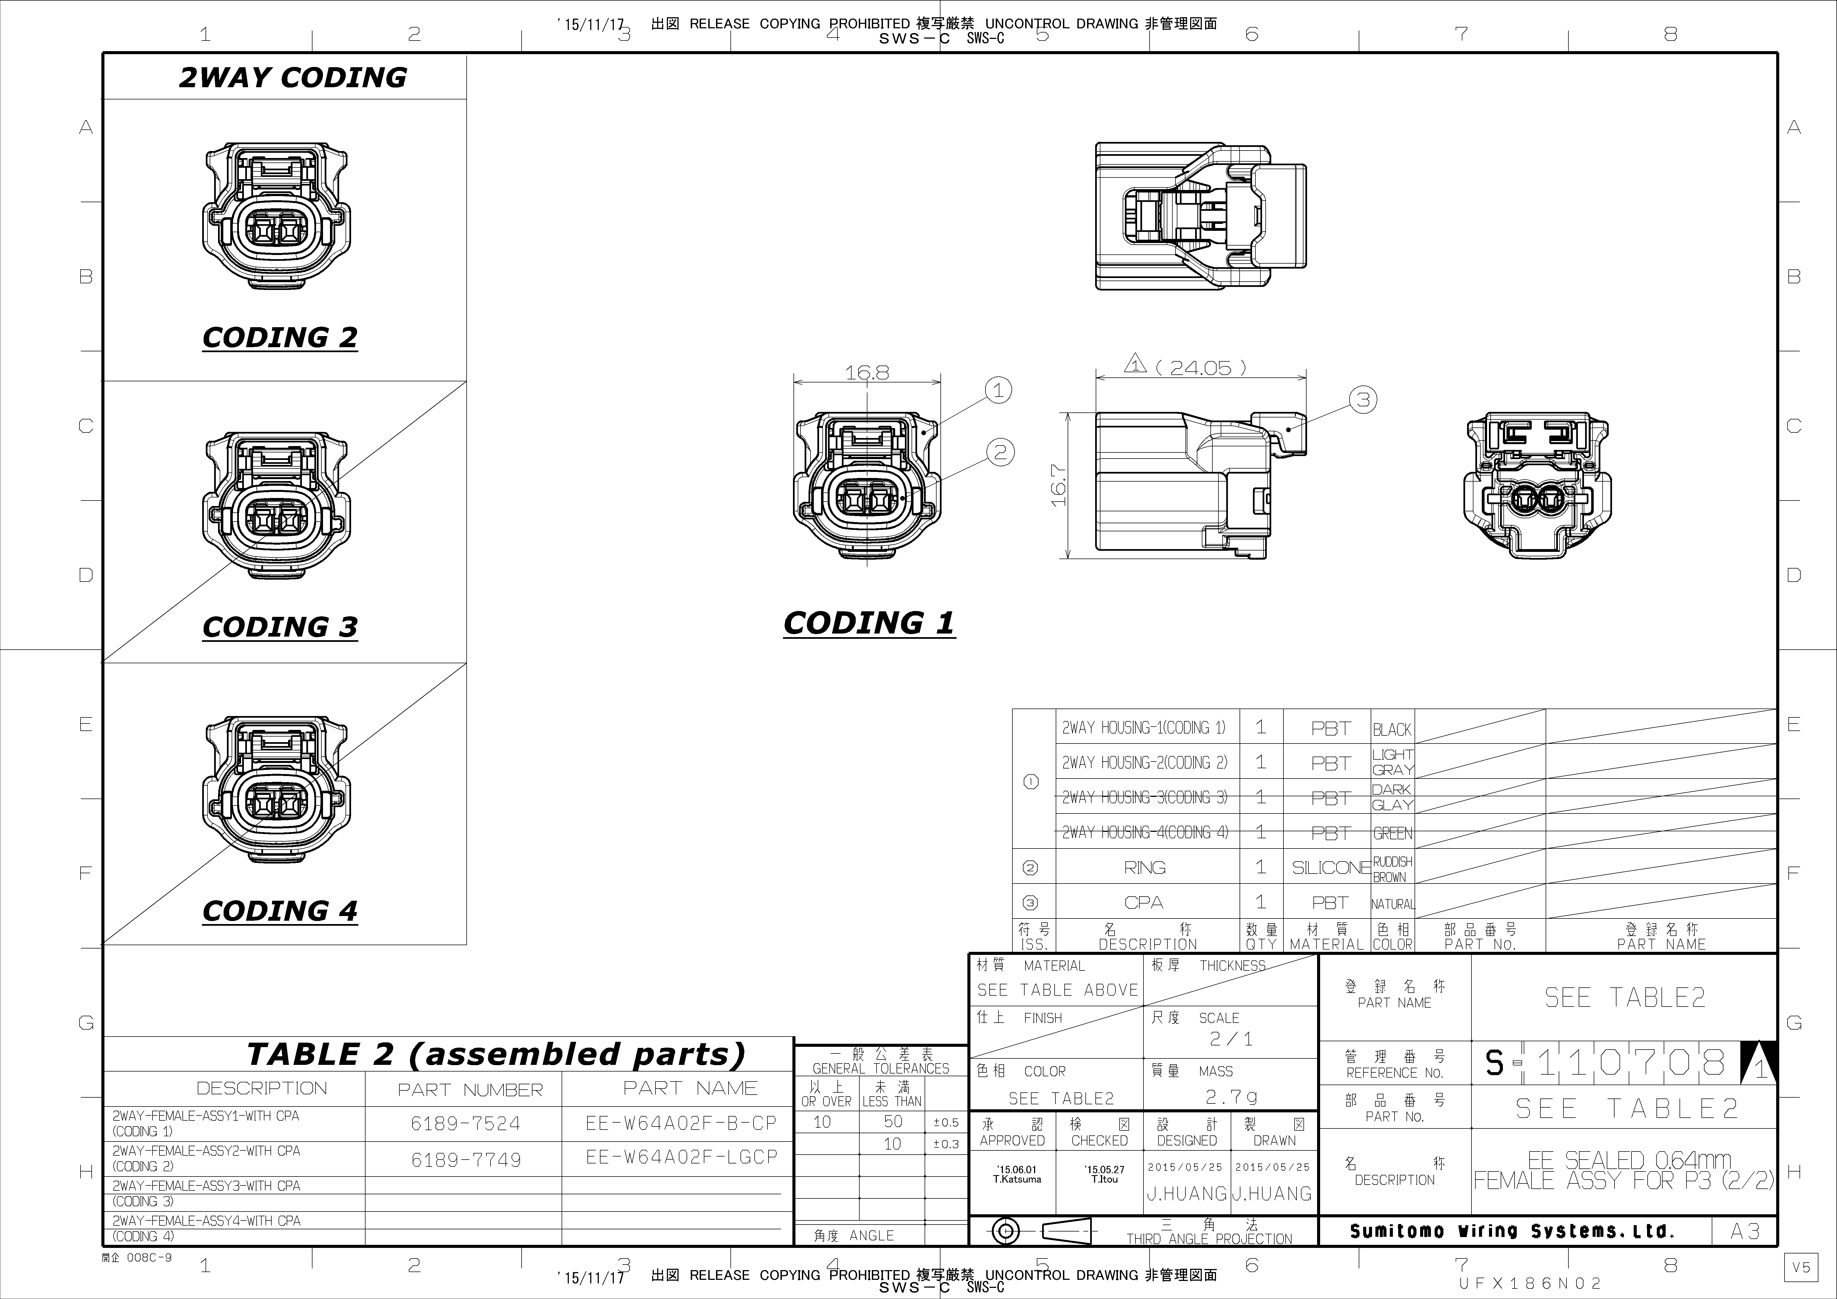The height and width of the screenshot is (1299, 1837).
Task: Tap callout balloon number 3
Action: [1363, 399]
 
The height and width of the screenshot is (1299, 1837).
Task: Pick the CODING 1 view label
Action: [869, 623]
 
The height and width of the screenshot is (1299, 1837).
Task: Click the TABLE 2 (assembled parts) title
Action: [496, 1054]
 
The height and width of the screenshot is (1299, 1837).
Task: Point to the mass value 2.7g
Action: [1231, 1097]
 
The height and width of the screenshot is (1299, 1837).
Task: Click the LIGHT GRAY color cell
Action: [1392, 762]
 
